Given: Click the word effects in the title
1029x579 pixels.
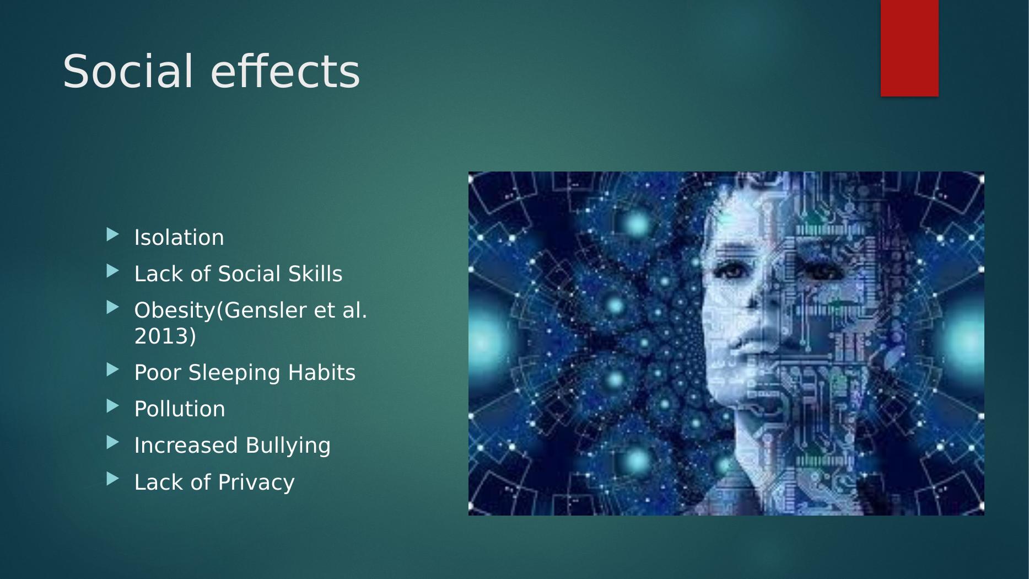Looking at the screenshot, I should pyautogui.click(x=285, y=71).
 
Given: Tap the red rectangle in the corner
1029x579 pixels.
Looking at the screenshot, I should pyautogui.click(x=909, y=49).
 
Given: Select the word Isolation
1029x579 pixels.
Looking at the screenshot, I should pyautogui.click(x=179, y=238).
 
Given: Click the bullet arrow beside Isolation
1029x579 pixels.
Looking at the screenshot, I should pyautogui.click(x=112, y=235).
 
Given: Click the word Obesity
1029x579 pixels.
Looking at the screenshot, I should pyautogui.click(x=175, y=310).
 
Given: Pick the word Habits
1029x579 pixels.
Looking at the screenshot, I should pyautogui.click(x=322, y=373).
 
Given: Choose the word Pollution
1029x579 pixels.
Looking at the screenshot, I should pyautogui.click(x=180, y=409).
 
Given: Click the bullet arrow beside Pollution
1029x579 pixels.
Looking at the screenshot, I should pyautogui.click(x=112, y=406).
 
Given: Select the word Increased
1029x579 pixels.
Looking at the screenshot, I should pyautogui.click(x=186, y=446).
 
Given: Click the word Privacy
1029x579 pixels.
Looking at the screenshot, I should pyautogui.click(x=256, y=482).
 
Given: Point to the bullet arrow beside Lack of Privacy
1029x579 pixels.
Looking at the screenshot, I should pyautogui.click(x=112, y=479).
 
